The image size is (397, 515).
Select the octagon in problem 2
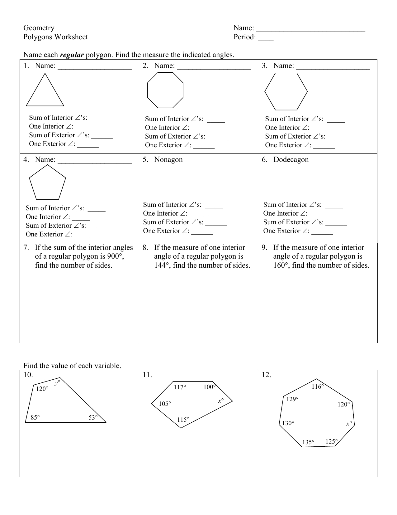(165, 90)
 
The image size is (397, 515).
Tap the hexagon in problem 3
(286, 91)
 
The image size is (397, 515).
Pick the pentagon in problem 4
(47, 183)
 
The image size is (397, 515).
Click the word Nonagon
(168, 159)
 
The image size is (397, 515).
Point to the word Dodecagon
(291, 159)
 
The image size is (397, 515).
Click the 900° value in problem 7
(114, 256)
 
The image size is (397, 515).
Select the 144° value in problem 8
(162, 265)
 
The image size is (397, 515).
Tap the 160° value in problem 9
(281, 265)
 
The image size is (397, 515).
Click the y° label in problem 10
(57, 383)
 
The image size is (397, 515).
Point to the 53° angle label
(93, 417)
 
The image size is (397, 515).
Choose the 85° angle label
(35, 417)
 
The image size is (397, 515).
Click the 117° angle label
(180, 387)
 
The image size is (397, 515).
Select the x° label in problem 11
(221, 401)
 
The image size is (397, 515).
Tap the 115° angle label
(183, 420)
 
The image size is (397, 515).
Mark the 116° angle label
(318, 387)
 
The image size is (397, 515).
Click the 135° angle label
(308, 442)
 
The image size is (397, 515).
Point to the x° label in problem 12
(349, 424)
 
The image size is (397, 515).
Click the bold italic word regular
(72, 55)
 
